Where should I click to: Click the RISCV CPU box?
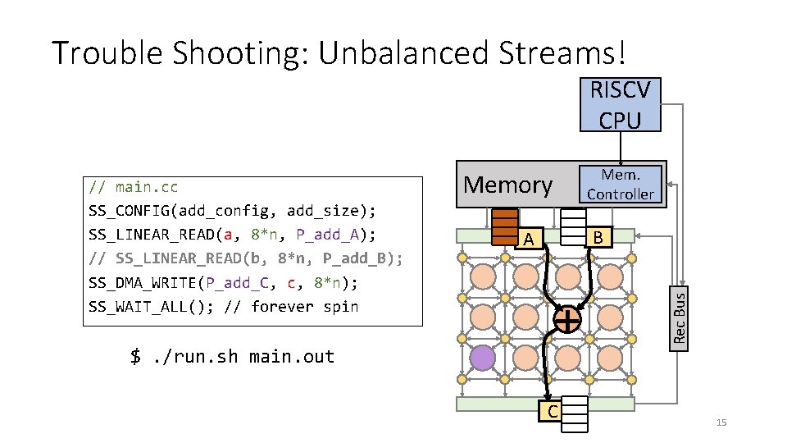point(620,104)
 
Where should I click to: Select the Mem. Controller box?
point(621,185)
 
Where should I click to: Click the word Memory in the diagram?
point(508,185)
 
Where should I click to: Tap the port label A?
point(530,239)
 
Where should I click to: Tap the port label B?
point(598,237)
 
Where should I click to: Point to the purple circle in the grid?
point(483,359)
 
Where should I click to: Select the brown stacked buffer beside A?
point(504,226)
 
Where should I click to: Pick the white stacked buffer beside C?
point(576,413)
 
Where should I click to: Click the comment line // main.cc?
point(134,187)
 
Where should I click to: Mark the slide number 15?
point(721,422)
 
